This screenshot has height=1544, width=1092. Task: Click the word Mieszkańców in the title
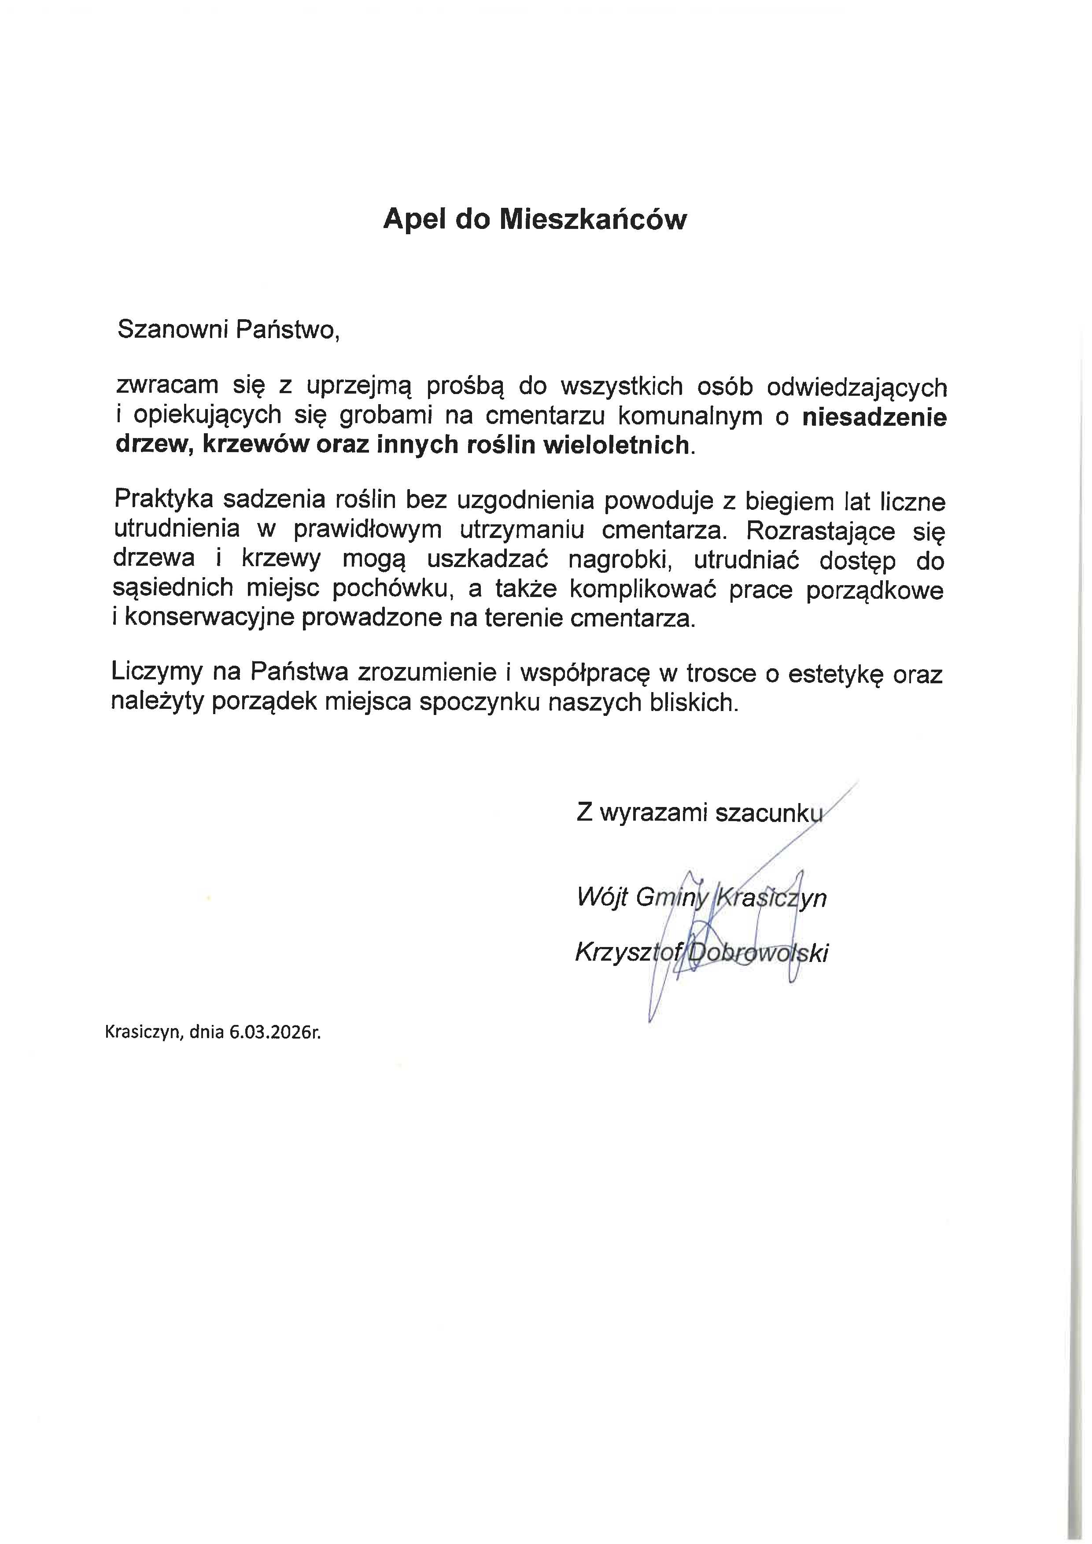(x=592, y=220)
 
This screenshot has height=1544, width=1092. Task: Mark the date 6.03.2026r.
(x=275, y=1032)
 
